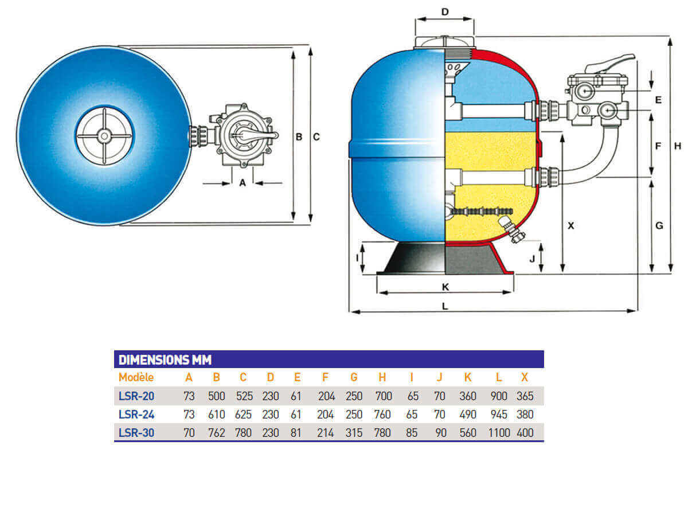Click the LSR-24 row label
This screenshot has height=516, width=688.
pos(136,415)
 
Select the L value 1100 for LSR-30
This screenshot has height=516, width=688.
pos(499,433)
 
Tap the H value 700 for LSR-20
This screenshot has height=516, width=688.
pos(384,396)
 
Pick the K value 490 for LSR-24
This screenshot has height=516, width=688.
pos(468,415)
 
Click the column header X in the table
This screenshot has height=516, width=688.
pos(525,377)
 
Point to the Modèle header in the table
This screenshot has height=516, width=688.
pos(136,377)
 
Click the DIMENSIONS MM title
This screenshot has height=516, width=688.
pos(165,360)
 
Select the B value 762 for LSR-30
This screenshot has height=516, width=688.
pos(217,433)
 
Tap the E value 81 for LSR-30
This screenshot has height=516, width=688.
pos(296,433)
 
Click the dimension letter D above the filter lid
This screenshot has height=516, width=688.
pos(445,12)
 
